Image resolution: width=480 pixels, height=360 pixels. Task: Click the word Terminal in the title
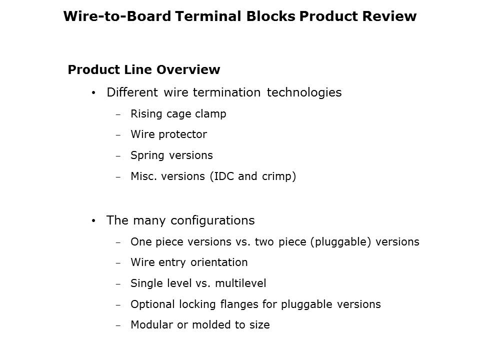[208, 16]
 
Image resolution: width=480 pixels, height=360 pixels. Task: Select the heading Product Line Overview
[144, 69]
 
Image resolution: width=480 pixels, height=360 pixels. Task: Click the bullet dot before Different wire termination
[93, 93]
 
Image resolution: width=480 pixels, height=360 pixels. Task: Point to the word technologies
[304, 92]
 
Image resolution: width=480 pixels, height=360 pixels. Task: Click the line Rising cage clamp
[178, 114]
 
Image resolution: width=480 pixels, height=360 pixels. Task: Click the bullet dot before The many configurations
[93, 220]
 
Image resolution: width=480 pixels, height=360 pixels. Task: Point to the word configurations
[213, 220]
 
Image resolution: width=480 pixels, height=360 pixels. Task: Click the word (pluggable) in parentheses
[340, 242]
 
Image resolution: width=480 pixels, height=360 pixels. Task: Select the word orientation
[219, 262]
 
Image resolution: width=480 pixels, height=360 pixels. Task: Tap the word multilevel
[240, 283]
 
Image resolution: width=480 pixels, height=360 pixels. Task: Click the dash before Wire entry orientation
[118, 263]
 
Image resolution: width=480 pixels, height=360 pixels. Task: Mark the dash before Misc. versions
[118, 177]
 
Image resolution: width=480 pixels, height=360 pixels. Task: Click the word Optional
[153, 304]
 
